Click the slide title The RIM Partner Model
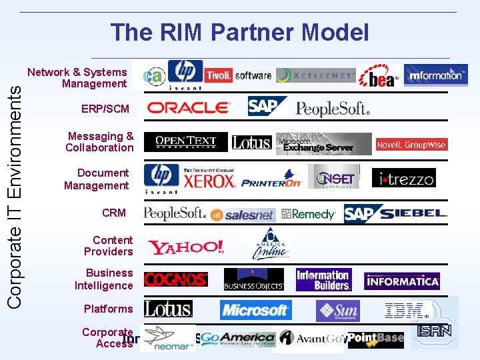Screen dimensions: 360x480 (239, 32)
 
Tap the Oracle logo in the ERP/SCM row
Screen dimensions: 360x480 (188, 107)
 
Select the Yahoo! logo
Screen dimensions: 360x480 (186, 248)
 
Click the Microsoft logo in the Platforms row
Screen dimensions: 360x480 (255, 310)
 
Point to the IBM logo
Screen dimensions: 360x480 (405, 311)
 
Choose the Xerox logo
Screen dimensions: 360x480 (209, 179)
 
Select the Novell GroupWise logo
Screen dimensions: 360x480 (411, 145)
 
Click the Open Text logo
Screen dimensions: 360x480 (185, 142)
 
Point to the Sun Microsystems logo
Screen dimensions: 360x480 (337, 311)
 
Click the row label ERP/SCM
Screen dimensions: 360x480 (105, 109)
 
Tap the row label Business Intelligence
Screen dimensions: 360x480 (104, 279)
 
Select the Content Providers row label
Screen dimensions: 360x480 (108, 245)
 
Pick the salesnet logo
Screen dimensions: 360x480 (243, 215)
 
